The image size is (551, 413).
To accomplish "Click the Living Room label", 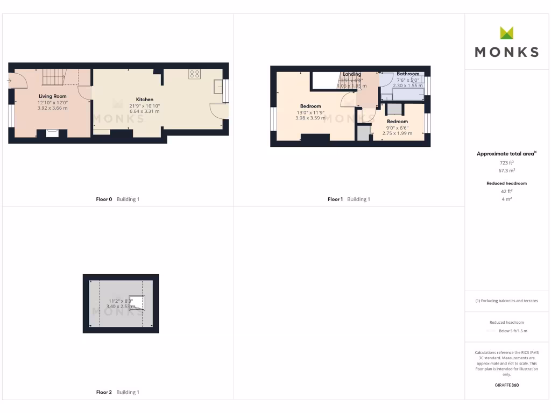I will tap(52, 96).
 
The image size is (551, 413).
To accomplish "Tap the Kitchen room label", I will tap(144, 99).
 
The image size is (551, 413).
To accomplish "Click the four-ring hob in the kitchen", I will tap(194, 74).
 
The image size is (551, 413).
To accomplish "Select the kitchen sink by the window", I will tap(218, 87).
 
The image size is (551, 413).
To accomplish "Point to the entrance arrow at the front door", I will tap(10, 81).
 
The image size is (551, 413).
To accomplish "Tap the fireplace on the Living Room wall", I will tap(52, 132).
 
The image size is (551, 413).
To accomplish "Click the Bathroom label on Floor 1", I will tap(408, 74).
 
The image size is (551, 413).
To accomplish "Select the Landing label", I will tap(352, 74).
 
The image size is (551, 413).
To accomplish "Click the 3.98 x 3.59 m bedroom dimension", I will tap(310, 118).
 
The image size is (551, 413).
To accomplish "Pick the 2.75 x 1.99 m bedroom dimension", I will tap(398, 133).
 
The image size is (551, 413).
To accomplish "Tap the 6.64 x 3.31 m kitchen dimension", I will tap(144, 111).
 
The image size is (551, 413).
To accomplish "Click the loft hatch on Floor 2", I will tap(138, 303).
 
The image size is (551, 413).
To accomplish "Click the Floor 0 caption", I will tap(104, 200).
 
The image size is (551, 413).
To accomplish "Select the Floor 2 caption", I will tap(104, 393).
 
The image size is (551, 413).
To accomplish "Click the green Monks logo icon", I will tap(506, 33).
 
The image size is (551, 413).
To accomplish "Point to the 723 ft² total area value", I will tap(506, 162).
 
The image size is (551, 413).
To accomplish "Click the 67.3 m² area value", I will tap(506, 170).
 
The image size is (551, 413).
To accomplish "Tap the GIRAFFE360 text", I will tap(506, 385).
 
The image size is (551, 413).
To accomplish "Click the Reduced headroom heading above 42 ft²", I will tap(506, 183).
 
